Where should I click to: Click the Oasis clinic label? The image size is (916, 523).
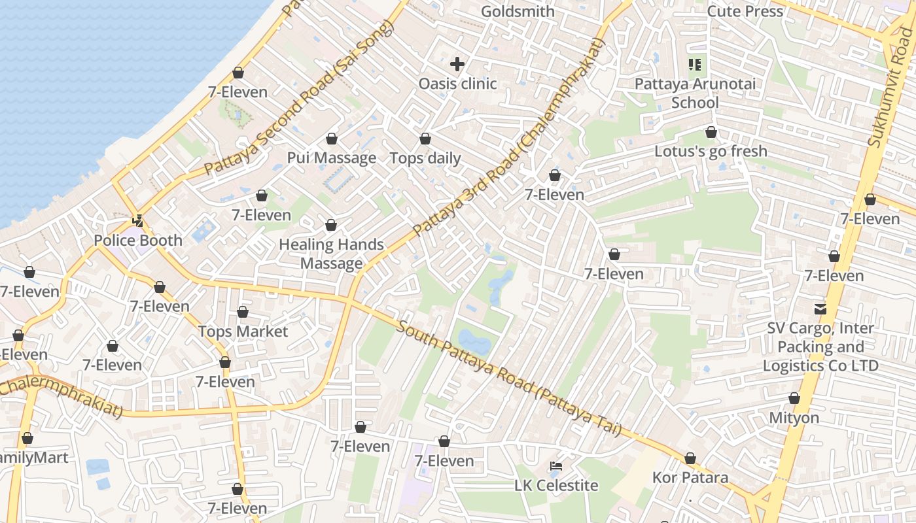pyautogui.click(x=457, y=84)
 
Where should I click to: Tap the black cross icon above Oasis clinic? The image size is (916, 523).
pyautogui.click(x=457, y=64)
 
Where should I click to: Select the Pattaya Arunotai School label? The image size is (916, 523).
pyautogui.click(x=695, y=93)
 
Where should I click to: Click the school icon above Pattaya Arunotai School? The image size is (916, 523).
pyautogui.click(x=695, y=64)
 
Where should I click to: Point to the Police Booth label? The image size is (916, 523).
pyautogui.click(x=138, y=241)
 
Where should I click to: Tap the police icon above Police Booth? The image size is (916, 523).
pyautogui.click(x=138, y=222)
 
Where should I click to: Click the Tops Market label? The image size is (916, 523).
pyautogui.click(x=243, y=331)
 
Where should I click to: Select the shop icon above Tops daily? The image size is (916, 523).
pyautogui.click(x=425, y=139)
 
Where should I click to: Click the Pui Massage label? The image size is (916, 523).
pyautogui.click(x=332, y=158)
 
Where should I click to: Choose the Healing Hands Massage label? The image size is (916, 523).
pyautogui.click(x=331, y=254)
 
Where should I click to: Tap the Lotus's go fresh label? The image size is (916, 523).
pyautogui.click(x=711, y=152)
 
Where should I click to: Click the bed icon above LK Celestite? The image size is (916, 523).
pyautogui.click(x=556, y=466)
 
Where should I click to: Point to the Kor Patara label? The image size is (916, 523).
pyautogui.click(x=690, y=478)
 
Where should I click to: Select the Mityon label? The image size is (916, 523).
pyautogui.click(x=794, y=418)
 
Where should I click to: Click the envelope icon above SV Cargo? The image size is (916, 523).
pyautogui.click(x=820, y=309)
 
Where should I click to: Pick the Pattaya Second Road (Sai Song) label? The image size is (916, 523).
pyautogui.click(x=299, y=98)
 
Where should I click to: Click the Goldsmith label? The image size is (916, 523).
pyautogui.click(x=518, y=11)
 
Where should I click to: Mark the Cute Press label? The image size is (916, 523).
pyautogui.click(x=745, y=11)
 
